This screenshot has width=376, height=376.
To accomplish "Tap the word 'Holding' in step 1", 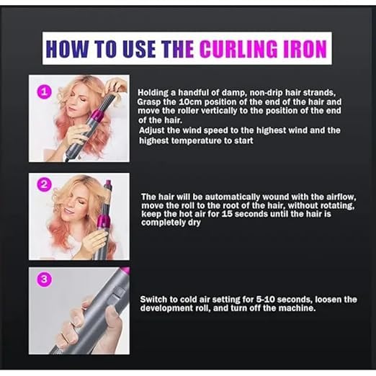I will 153,93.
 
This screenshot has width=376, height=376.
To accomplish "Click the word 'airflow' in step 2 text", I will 311,196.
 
